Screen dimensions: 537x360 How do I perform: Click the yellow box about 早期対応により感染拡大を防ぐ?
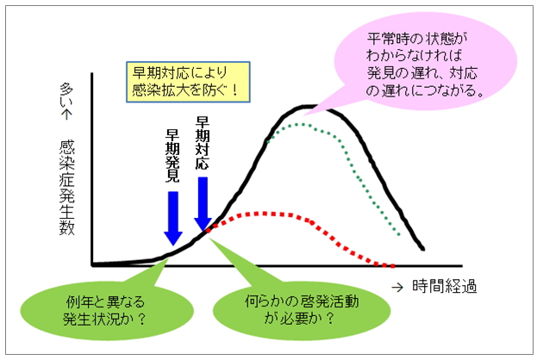click(188, 82)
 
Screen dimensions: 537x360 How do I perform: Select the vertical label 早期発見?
click(172, 156)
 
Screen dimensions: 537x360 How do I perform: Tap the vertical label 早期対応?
click(203, 143)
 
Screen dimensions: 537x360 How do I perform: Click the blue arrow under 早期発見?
click(173, 219)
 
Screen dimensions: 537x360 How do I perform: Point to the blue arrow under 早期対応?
click(203, 203)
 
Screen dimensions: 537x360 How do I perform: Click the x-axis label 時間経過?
click(445, 286)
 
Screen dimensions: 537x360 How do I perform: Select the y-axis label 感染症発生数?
click(66, 187)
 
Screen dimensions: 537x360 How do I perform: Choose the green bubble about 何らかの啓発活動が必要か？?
click(302, 310)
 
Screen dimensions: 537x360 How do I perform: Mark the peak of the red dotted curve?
click(264, 214)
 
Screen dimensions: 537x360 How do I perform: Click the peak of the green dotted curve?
click(302, 124)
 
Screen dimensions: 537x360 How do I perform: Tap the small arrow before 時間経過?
click(397, 288)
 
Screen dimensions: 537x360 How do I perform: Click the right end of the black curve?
click(423, 249)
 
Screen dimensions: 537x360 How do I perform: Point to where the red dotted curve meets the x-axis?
click(392, 265)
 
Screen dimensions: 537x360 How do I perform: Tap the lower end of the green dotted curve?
click(398, 234)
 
